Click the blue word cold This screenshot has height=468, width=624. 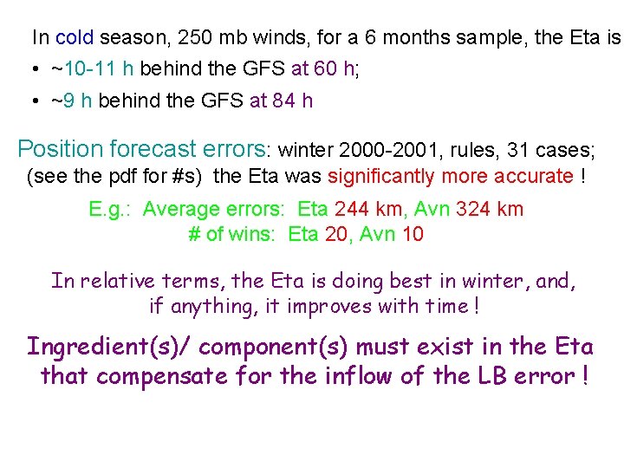pyautogui.click(x=75, y=38)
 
